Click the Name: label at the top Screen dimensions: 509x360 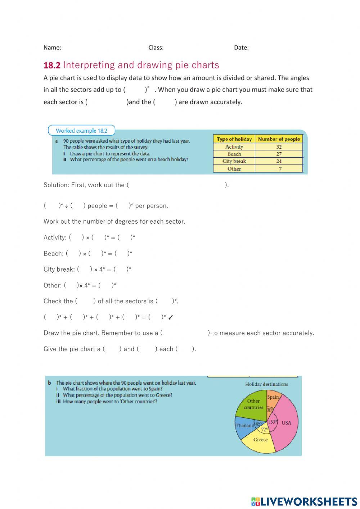(52, 48)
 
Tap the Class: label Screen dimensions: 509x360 (156, 48)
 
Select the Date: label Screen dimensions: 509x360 (241, 48)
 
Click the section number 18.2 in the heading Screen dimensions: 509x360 (52, 66)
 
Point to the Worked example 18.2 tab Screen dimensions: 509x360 (81, 131)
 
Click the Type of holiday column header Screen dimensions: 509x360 (234, 139)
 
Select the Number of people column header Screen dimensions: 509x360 (279, 139)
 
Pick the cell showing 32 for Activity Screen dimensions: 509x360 (279, 147)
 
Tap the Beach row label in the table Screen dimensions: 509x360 (234, 154)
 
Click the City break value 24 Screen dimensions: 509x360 (279, 161)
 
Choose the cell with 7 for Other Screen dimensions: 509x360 (280, 169)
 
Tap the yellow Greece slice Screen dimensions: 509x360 (260, 441)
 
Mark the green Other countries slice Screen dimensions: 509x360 (252, 405)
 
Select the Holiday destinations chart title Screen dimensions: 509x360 (266, 384)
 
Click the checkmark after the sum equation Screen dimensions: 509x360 (171, 317)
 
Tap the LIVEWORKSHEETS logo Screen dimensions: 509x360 (304, 501)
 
